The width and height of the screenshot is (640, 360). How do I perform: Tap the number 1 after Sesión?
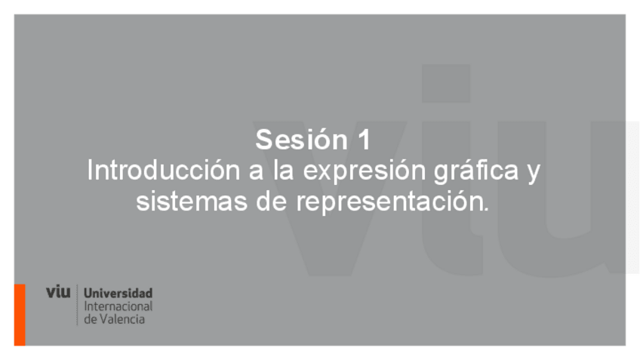click(x=365, y=140)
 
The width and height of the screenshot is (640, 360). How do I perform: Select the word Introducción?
click(x=163, y=170)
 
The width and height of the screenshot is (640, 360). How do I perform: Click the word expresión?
click(x=365, y=171)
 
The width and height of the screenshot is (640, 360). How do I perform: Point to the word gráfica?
click(x=476, y=171)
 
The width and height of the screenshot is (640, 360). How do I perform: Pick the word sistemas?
click(x=192, y=202)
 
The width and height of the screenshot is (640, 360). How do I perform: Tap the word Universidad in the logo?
click(x=118, y=293)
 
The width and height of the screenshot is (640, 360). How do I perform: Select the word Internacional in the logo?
click(x=118, y=306)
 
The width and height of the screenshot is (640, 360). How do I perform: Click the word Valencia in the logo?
click(x=122, y=319)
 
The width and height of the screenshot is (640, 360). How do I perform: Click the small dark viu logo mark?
click(x=58, y=292)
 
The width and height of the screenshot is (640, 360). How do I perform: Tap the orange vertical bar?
click(x=20, y=315)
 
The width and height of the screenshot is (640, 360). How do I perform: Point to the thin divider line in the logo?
click(x=77, y=305)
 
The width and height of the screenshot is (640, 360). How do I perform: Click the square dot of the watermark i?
click(x=446, y=84)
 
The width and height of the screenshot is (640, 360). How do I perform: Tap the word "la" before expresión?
click(x=284, y=170)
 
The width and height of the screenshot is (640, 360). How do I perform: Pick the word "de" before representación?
click(x=272, y=202)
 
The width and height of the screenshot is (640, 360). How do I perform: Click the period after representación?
click(x=486, y=209)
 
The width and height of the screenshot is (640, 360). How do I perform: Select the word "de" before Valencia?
click(x=91, y=319)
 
